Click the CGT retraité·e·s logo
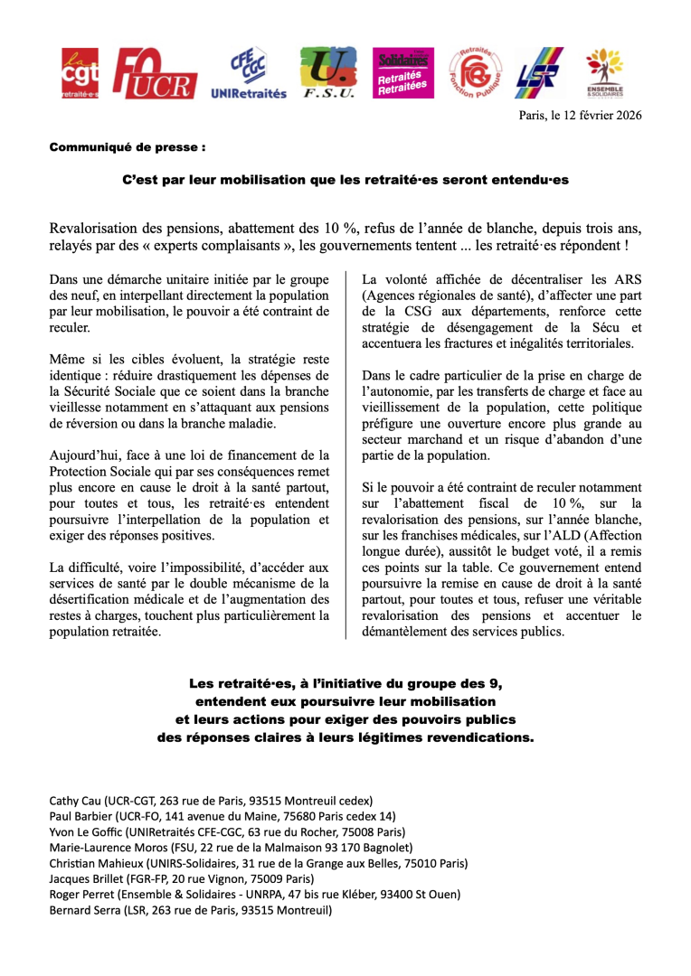[x=80, y=73]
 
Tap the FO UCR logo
[x=156, y=73]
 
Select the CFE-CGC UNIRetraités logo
[x=248, y=73]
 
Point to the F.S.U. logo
[x=327, y=73]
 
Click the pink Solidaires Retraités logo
[x=403, y=73]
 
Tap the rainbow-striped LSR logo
[x=539, y=73]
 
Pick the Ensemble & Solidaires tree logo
[x=603, y=73]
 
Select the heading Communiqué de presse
[x=128, y=146]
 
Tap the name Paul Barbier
[x=80, y=816]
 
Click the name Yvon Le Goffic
[x=85, y=831]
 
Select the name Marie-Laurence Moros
[x=108, y=848]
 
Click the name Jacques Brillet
[x=83, y=878]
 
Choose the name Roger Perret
[x=82, y=895]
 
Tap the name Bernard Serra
[x=84, y=910]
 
